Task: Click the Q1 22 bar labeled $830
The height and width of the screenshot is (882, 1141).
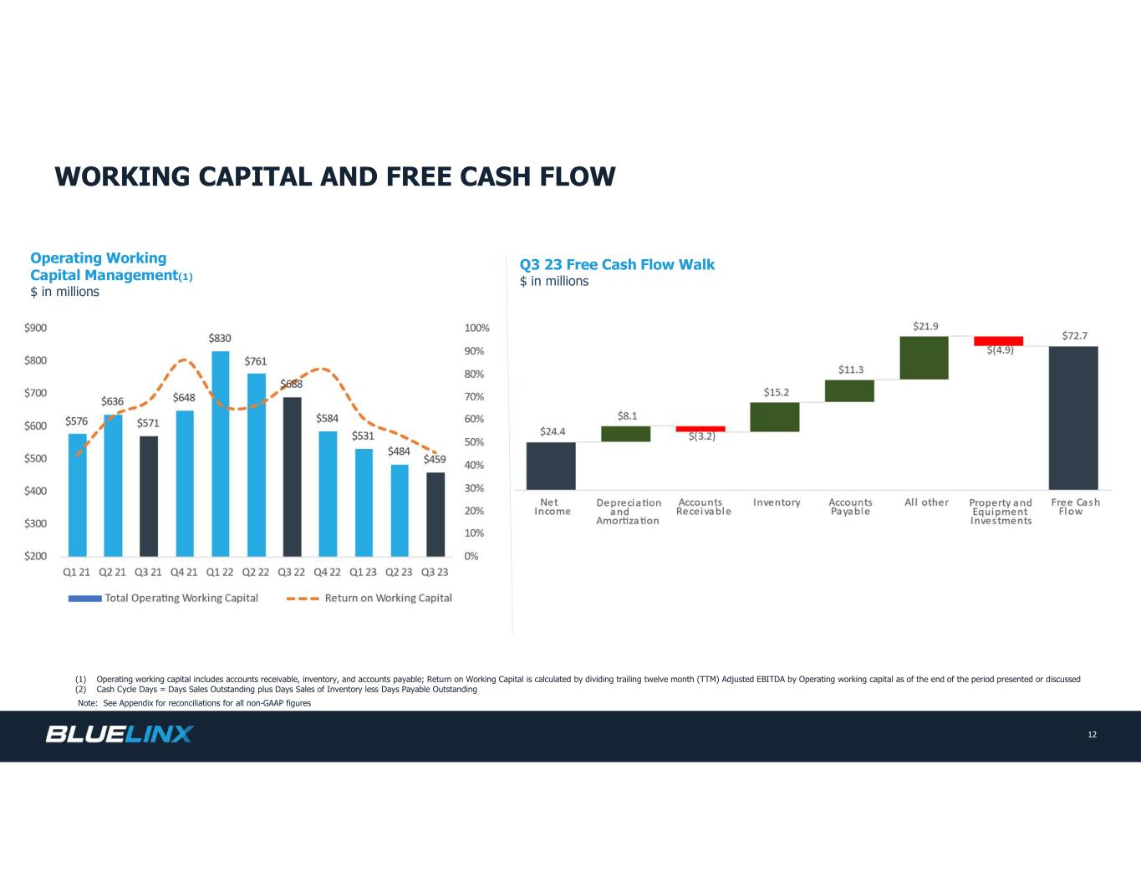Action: coord(220,453)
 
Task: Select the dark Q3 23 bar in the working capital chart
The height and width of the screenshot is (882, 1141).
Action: coord(436,514)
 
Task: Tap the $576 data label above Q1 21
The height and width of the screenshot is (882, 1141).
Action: coord(77,422)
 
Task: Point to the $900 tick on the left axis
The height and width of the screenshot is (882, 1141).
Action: coord(35,328)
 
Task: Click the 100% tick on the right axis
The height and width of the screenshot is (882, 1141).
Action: coord(476,329)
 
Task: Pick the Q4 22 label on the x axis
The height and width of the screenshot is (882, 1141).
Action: coord(327,573)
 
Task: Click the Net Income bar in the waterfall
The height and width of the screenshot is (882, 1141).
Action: coord(551,466)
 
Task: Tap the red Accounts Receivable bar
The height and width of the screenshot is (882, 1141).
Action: coord(700,429)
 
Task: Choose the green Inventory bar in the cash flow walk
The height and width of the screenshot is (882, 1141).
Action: coord(775,417)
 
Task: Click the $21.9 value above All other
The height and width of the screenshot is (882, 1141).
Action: coord(925,326)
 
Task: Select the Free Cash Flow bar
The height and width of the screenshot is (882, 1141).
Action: coord(1073,418)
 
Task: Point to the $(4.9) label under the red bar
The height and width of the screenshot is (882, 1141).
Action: coord(1000,350)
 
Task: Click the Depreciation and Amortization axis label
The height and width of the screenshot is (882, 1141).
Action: coord(628,512)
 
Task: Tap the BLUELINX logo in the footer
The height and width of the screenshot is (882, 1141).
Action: coord(120,735)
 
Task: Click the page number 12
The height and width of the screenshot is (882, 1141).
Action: coord(1092,735)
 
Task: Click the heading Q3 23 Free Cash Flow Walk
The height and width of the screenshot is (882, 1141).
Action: coord(617,265)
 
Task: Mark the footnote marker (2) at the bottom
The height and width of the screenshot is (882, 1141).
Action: coord(81,690)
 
